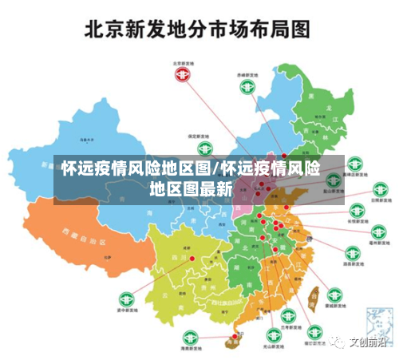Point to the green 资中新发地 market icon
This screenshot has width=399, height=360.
(125, 299)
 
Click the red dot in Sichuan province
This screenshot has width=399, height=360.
(192, 258)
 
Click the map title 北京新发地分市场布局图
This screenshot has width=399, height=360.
(199, 30)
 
